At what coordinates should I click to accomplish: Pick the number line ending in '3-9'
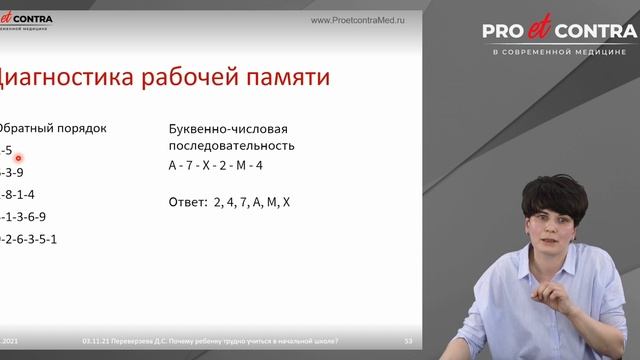pos(12,172)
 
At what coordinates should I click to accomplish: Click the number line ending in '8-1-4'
pos(18,194)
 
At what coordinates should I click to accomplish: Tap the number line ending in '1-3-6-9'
pos(24,216)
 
